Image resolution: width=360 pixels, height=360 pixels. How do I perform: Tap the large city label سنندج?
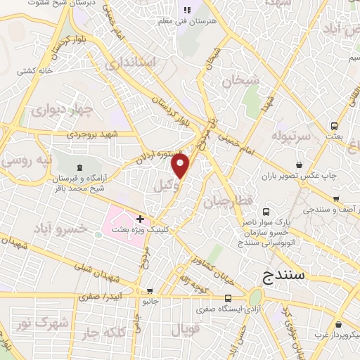(x=283, y=274)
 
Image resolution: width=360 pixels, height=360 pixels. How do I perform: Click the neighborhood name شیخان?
(x=240, y=81)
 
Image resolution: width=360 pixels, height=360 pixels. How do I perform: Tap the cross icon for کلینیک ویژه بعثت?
(x=141, y=219)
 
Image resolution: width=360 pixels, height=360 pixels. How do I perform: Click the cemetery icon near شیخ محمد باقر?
(x=77, y=167)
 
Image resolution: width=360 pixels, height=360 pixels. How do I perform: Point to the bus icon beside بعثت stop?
(x=334, y=126)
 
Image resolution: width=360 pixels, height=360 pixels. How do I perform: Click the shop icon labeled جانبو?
(x=150, y=291)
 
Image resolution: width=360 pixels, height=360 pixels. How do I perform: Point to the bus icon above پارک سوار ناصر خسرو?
(x=266, y=211)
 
